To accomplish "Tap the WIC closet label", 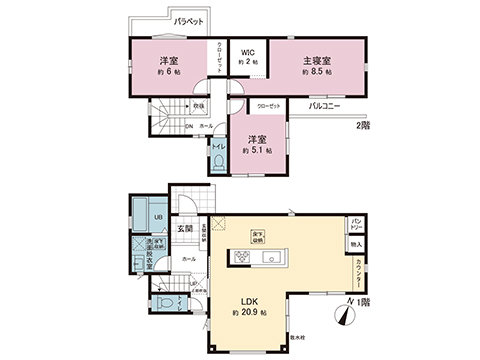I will tap(246, 52).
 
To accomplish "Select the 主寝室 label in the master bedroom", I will tap(317, 61).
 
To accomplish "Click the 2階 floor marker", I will tap(362, 124).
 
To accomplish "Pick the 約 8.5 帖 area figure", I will tap(317, 73).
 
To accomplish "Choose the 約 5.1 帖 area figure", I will tap(257, 150).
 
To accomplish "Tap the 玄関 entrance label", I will tap(186, 228).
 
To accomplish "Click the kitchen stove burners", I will tap(243, 258).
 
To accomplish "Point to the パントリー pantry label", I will tap(356, 224).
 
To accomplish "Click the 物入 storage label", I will tap(356, 243).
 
